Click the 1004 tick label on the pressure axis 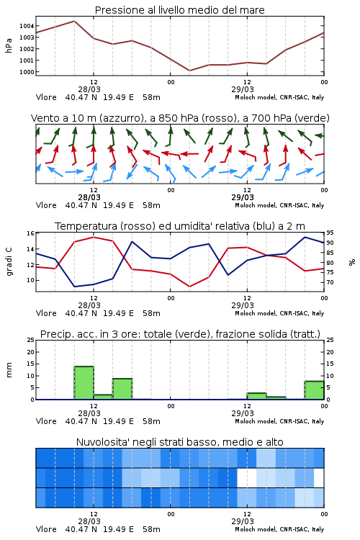[27, 26]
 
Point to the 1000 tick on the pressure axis [27, 72]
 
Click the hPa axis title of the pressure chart [9, 45]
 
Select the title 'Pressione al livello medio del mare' [180, 10]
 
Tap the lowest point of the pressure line [189, 71]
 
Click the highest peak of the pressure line [74, 21]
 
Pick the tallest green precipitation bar [84, 382]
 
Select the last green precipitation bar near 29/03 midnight [314, 390]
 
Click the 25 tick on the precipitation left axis [31, 340]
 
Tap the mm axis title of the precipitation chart [9, 370]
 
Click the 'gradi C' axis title [9, 261]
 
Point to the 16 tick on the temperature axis [31, 233]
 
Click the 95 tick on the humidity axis [330, 233]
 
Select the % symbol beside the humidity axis [352, 262]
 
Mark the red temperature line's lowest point [189, 287]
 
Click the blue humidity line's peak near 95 [305, 237]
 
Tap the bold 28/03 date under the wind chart [89, 197]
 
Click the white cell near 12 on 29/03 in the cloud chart [247, 477]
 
